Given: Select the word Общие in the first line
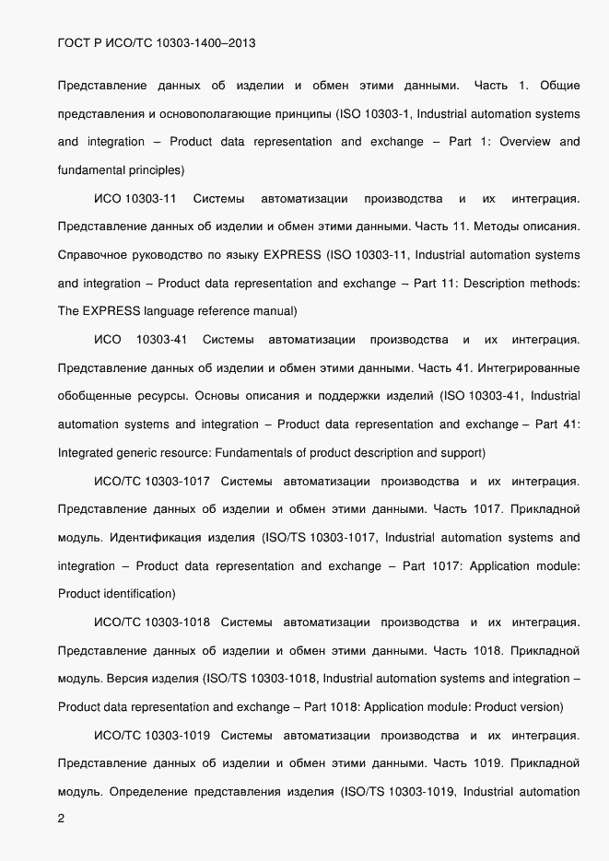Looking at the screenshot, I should coord(559,86).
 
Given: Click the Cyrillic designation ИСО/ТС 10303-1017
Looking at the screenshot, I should coord(153,481).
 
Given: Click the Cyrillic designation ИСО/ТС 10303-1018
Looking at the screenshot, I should coord(153,622).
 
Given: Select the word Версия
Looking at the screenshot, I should coord(126,679).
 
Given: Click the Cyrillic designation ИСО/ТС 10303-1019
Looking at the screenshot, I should coord(153,735).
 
